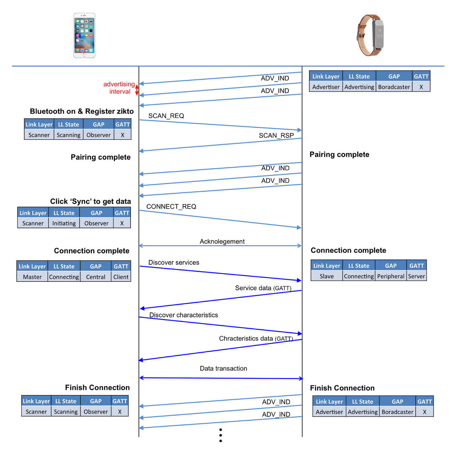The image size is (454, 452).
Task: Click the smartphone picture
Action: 84,36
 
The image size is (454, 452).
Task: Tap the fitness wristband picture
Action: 371,35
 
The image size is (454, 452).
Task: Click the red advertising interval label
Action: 119,88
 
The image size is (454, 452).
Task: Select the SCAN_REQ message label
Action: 166,116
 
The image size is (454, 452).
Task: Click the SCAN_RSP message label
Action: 276,135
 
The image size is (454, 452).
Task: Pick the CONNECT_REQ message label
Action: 171,206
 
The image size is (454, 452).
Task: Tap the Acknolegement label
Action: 222,242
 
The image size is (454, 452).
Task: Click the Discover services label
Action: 173,263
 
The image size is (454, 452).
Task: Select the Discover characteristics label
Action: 183,315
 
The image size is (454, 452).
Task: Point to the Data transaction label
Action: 223,368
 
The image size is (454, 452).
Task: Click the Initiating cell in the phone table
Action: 64,223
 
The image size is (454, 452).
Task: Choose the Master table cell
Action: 32,277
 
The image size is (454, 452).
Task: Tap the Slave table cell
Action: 326,276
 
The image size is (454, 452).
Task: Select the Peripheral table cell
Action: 391,276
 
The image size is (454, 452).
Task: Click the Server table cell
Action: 416,276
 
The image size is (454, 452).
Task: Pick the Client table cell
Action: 121,277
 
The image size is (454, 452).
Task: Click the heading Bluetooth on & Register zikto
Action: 82,111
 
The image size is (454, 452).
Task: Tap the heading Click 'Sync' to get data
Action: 90,201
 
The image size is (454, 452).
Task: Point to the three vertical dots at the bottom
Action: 221,435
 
